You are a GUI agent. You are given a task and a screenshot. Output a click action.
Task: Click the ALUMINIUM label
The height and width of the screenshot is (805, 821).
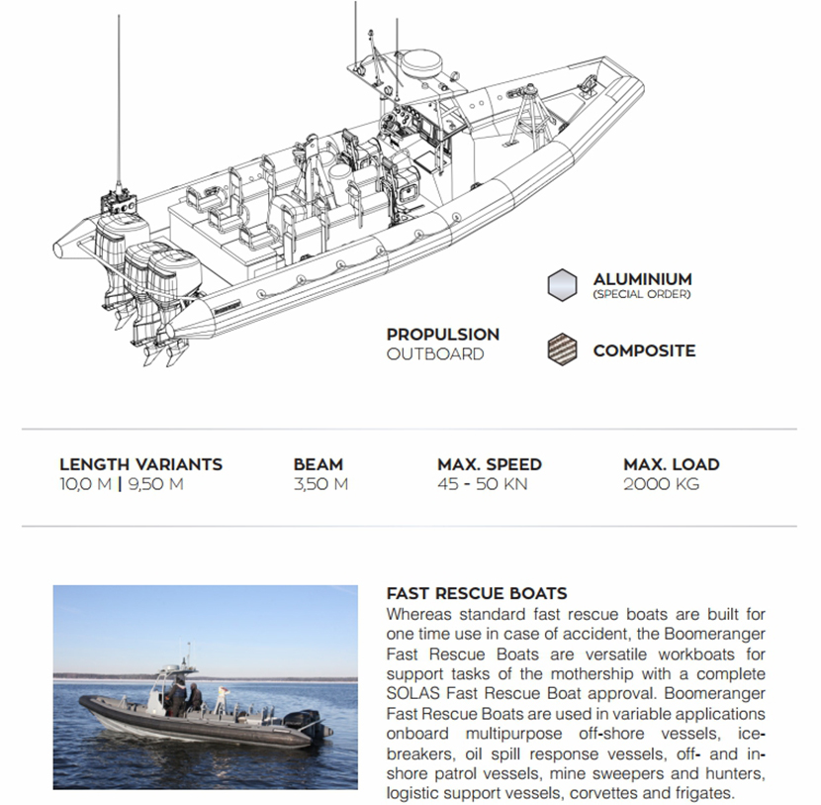coord(642,279)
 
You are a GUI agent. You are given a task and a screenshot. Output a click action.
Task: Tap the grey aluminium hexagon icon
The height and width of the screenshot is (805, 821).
coord(562,284)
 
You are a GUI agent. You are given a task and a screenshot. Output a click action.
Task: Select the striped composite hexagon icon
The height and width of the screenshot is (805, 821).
coord(562,351)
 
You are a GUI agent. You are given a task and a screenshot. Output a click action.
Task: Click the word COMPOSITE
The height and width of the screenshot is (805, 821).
coord(644,351)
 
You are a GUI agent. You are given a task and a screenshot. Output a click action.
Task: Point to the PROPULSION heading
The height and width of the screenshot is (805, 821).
coord(442,335)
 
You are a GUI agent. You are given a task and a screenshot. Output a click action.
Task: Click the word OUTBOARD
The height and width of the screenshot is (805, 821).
coord(435,353)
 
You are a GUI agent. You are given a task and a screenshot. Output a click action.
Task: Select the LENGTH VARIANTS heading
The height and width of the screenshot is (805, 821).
coord(140,464)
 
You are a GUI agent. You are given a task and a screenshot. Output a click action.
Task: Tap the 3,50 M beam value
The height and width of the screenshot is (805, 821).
coord(320,484)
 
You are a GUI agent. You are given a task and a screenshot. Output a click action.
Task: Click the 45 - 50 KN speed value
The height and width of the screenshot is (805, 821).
coord(483,484)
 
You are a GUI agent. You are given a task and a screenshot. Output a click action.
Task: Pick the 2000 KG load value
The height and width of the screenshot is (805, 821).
coord(661,484)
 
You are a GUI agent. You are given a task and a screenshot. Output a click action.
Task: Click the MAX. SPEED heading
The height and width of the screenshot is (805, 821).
coord(489,464)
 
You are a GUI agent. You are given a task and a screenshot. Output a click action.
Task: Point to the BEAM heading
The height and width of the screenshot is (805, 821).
coord(318,464)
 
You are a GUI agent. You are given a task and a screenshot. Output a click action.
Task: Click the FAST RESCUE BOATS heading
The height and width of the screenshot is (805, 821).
coord(476,594)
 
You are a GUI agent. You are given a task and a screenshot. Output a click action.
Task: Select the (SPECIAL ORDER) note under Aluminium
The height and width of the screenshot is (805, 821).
coord(642,294)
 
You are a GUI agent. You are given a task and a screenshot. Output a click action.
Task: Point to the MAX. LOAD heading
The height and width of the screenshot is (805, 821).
coord(671,464)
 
